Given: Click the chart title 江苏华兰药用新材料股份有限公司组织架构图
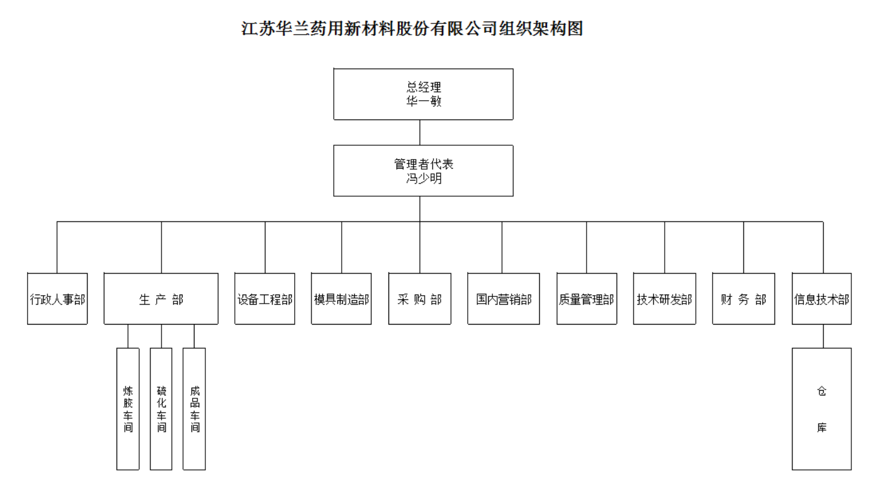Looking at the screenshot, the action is click(412, 29).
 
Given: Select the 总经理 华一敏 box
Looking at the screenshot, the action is click(423, 94).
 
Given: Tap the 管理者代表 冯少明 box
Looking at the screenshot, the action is click(423, 170).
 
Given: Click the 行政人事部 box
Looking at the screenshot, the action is click(58, 299).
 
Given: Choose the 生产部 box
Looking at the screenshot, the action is click(161, 299).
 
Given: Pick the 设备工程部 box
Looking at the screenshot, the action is click(265, 299).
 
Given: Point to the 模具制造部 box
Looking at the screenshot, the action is click(342, 299).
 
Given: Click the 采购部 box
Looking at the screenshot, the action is click(420, 299).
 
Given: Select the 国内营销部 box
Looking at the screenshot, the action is click(504, 299).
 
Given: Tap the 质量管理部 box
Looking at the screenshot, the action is click(587, 299).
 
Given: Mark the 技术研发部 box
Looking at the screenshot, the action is click(665, 299).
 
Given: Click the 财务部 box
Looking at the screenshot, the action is click(744, 299).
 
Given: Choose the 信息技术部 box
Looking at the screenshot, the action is click(822, 299).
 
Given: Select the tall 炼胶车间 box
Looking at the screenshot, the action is click(128, 409).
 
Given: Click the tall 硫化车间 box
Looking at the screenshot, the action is click(161, 409).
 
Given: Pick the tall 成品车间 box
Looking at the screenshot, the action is click(194, 409).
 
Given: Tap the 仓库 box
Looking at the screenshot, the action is click(822, 409).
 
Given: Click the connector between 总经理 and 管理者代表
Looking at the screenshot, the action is click(420, 133).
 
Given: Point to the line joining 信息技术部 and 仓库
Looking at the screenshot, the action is click(823, 336).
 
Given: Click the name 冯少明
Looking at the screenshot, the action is click(424, 178).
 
